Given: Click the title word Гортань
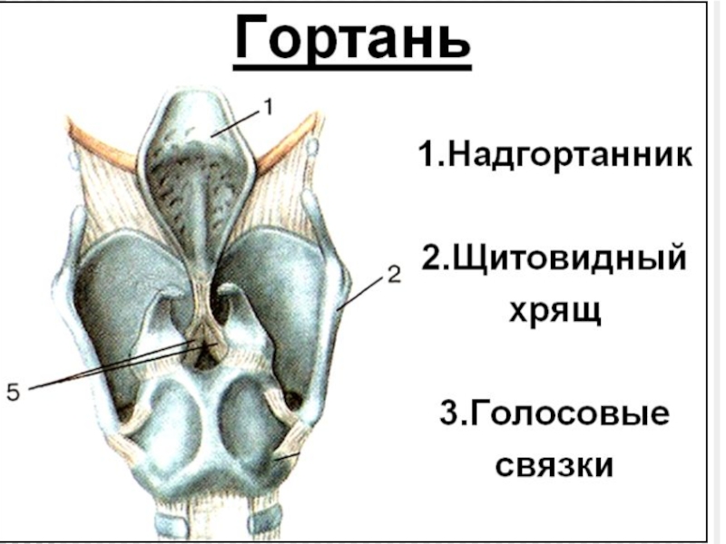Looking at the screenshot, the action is [353, 38].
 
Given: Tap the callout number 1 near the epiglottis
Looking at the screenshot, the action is [268, 107].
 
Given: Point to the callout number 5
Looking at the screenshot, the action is [13, 392].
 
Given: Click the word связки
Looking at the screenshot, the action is [554, 465].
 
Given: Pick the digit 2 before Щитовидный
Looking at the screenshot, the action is [431, 257].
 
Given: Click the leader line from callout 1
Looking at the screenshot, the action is [238, 122].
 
